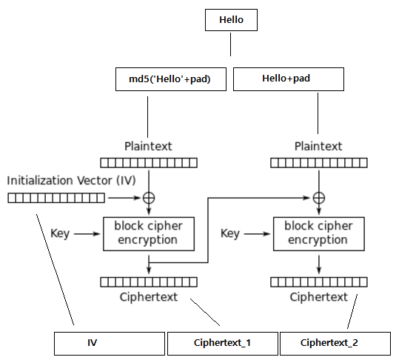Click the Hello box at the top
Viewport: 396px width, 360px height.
[231, 20]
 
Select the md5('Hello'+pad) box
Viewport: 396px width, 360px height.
[171, 79]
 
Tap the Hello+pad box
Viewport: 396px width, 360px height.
[289, 79]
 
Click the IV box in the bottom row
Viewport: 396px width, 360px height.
[110, 344]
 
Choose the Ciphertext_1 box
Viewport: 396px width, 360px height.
[223, 344]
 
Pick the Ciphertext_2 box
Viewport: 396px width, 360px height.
[335, 344]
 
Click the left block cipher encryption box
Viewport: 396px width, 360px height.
[149, 234]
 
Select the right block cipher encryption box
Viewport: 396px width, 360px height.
[319, 234]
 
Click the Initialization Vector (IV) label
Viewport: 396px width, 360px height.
[71, 181]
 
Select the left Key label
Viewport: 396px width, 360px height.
[60, 233]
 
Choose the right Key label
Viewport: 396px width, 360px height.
[230, 233]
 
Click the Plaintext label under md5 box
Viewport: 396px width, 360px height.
[148, 146]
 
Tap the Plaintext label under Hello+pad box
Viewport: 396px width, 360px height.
[318, 146]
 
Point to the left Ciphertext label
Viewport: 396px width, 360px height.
[149, 297]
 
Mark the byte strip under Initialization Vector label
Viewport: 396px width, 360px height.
[56, 198]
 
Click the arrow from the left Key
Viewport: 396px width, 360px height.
[87, 234]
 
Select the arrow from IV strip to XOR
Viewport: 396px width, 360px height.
[124, 198]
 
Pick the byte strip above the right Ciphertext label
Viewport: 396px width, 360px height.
[319, 282]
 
